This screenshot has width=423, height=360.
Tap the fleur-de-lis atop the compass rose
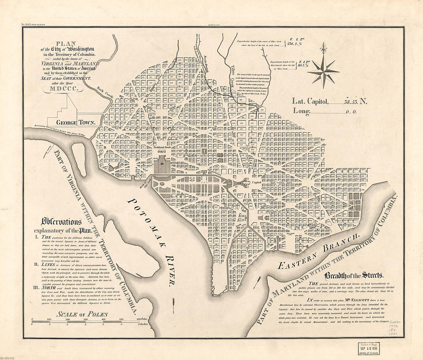323,49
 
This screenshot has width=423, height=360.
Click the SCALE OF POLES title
82,314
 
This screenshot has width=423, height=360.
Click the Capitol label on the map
256,183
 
